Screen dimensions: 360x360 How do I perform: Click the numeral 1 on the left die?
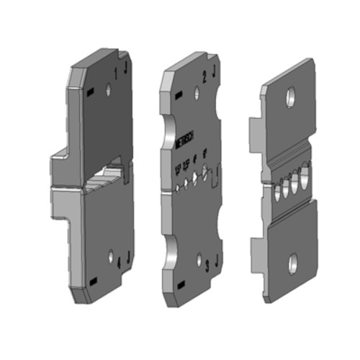117,72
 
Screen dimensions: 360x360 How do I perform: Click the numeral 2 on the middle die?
206,75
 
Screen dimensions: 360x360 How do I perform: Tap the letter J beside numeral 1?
127,69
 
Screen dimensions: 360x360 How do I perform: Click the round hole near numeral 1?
108,90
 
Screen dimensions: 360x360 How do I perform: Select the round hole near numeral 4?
110,256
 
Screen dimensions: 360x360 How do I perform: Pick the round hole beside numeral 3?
199,258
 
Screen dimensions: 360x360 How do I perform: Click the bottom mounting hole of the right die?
293,264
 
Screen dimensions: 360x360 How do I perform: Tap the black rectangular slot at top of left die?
90,93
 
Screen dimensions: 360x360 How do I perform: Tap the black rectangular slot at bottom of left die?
93,279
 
